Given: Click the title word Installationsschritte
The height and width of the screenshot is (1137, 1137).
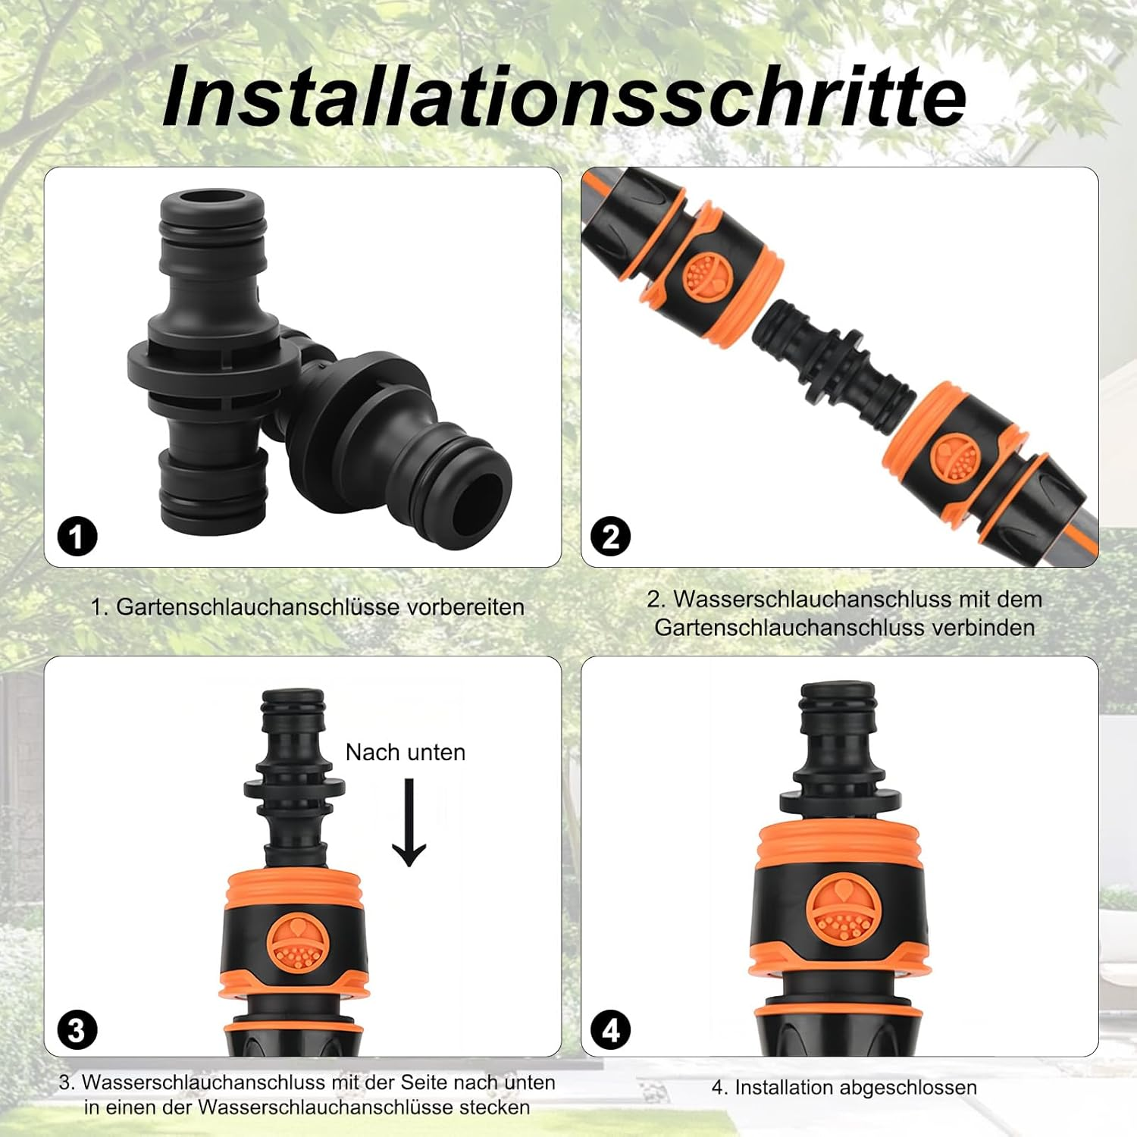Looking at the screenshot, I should (565, 97).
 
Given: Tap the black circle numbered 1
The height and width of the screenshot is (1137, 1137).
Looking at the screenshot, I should (77, 537).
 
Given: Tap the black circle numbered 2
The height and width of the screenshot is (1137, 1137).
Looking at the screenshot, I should (610, 537).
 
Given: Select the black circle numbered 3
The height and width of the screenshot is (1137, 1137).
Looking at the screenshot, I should (77, 1031).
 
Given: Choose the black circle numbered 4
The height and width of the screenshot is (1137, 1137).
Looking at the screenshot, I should (610, 1031).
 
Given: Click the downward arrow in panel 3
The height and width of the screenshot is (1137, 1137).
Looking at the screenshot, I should (409, 822).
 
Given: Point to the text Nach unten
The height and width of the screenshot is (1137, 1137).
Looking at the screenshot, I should (406, 752).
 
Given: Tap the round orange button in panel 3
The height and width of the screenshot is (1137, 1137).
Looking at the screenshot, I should (298, 944).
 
